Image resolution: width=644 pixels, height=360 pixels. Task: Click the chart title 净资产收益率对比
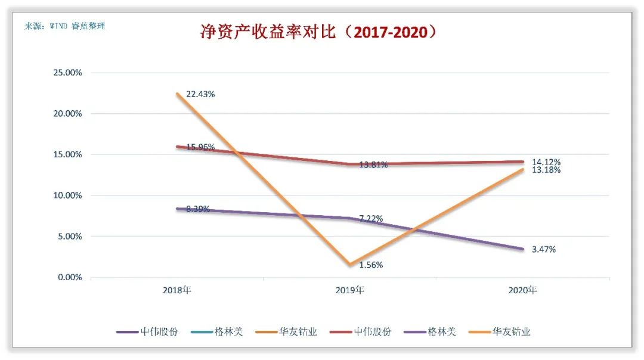pos(318,32)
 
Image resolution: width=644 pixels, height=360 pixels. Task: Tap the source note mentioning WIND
pos(64,26)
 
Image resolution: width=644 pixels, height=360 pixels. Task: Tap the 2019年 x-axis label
pos(350,291)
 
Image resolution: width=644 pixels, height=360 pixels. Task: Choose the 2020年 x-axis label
pos(523,291)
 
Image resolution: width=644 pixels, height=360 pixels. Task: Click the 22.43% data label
pos(200,94)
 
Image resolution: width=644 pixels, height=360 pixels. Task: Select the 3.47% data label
pos(544,249)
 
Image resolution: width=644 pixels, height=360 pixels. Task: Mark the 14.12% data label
pos(546,162)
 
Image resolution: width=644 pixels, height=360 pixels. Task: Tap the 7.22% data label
pos(371,218)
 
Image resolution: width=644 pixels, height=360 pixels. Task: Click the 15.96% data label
pos(200,147)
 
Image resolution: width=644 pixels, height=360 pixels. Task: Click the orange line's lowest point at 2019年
pos(350,265)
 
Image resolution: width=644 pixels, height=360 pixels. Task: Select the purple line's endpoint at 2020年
pos(523,249)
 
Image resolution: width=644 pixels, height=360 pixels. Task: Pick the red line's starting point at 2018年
pos(177,147)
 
